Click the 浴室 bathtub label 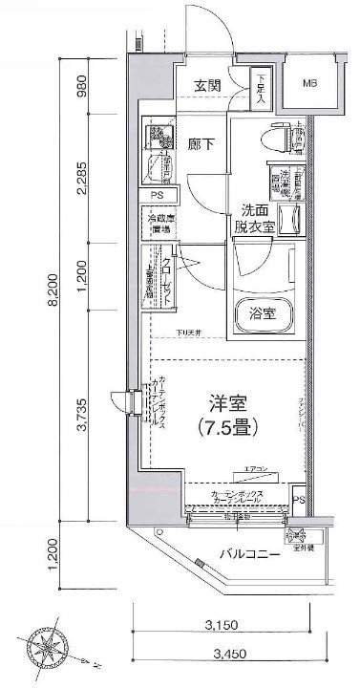pyautogui.click(x=264, y=312)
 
